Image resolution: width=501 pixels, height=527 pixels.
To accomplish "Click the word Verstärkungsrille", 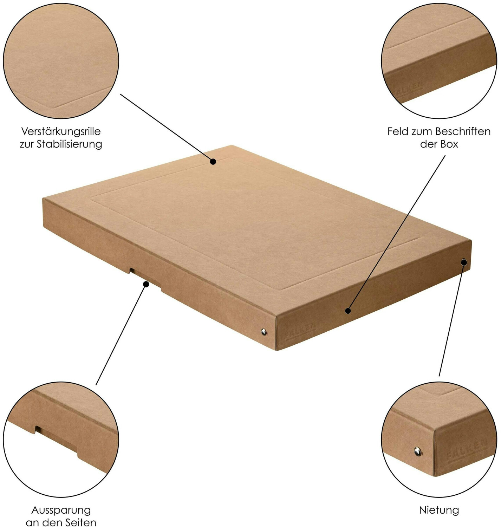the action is tap(61, 132).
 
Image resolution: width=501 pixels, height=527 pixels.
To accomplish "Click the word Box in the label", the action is tap(449, 144).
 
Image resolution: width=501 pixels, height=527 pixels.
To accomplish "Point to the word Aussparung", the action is tap(61, 510).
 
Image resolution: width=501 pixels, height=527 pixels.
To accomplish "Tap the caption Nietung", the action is tap(439, 510).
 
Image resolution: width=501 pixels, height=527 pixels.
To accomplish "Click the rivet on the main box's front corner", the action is tap(264, 332).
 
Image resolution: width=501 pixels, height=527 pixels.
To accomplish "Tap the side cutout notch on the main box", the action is tap(145, 279).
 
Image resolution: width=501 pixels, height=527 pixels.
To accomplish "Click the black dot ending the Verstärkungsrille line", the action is tap(213, 162).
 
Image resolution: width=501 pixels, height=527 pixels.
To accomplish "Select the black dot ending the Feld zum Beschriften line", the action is tap(348, 311).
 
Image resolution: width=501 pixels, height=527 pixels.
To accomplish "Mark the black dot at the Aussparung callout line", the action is tap(146, 284).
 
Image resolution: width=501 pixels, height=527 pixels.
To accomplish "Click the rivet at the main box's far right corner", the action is tap(463, 262).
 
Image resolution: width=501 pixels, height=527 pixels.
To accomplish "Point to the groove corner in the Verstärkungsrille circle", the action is tap(54, 107).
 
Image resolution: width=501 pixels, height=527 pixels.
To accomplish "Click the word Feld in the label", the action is tap(398, 131).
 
